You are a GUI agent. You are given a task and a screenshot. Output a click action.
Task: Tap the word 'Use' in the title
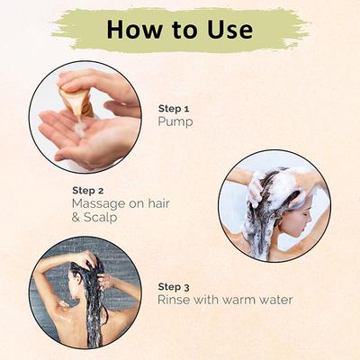230,30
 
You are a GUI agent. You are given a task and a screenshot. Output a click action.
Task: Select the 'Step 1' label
174,109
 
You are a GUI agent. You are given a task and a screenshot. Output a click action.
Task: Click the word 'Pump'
175,122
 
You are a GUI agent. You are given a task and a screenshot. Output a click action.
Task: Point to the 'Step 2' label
88,191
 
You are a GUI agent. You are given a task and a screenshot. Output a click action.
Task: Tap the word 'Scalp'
100,218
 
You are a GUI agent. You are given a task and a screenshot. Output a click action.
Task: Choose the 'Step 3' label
174,287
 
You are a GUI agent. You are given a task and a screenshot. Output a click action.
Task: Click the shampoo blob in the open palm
80,130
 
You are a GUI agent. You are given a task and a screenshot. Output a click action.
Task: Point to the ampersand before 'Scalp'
76,218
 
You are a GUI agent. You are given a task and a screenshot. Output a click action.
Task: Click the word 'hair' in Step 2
158,203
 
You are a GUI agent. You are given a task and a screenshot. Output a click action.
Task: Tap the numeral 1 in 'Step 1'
186,109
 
